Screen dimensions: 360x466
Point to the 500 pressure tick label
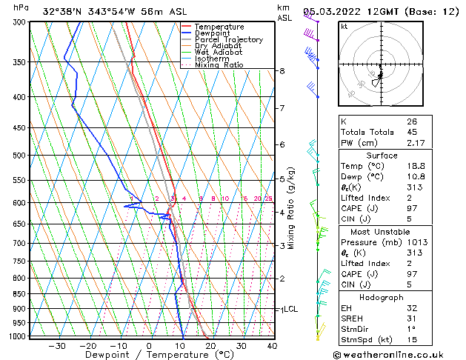point(20,156)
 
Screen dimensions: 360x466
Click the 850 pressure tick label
point(20,294)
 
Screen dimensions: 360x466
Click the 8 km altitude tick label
point(282,71)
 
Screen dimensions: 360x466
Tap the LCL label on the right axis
point(290,309)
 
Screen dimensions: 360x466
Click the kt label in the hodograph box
point(344,27)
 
